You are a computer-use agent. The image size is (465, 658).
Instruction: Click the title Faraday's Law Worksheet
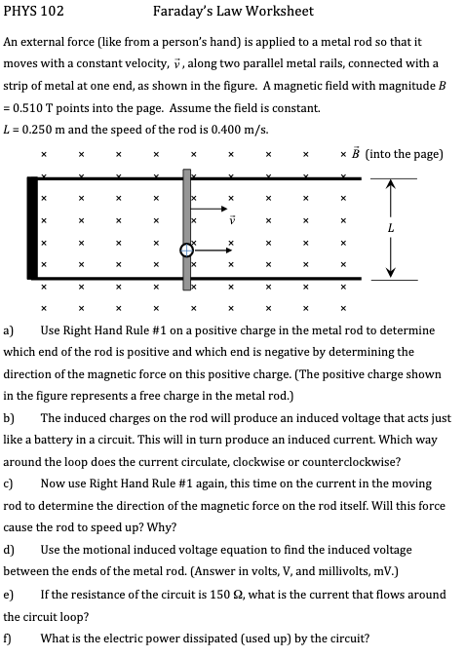click(233, 12)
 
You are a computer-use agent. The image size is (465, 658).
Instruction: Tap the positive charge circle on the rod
click(185, 251)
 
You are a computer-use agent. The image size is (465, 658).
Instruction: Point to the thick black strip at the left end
click(33, 229)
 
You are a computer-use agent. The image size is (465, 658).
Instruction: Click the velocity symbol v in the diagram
click(231, 219)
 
